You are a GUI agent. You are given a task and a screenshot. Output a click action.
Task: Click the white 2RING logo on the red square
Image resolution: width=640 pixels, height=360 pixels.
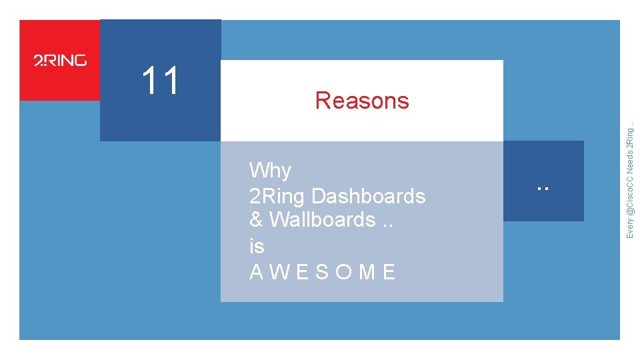[60, 61]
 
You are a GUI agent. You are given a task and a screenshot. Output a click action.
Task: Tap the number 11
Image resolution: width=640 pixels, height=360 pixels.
[161, 81]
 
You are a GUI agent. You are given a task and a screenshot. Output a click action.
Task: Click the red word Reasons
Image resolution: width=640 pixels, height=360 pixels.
[362, 101]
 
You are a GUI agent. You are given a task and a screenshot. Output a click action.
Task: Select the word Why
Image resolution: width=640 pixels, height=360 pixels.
[270, 171]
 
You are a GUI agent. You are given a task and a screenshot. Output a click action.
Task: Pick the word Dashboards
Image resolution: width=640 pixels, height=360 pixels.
[368, 196]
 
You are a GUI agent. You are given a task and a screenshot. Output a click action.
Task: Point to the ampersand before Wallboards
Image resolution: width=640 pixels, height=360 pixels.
[256, 219]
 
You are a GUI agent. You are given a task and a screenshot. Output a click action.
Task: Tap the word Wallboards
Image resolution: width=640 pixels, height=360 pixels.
[322, 219]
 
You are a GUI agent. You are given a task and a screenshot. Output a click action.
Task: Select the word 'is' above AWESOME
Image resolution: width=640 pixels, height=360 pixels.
[257, 246]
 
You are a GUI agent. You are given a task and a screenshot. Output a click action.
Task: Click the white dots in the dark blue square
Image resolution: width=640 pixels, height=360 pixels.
[543, 188]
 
